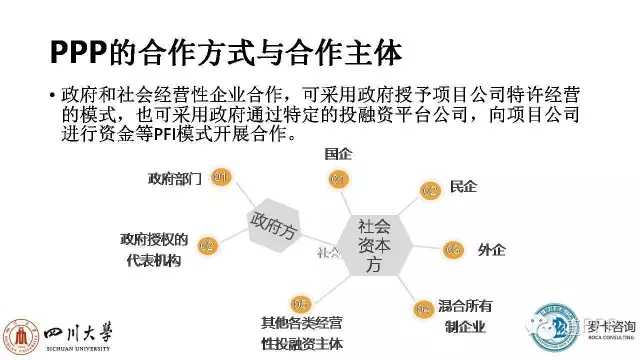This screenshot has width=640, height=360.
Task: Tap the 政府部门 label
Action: point(175,179)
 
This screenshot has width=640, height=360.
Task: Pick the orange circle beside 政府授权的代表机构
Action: point(207,245)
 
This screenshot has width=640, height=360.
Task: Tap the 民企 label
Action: point(464,186)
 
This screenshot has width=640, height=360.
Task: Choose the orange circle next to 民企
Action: point(430,189)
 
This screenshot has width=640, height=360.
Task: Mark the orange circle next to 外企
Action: point(453,249)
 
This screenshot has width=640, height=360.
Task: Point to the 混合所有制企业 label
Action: point(473,314)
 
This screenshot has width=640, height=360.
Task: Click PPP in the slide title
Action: point(83,49)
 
